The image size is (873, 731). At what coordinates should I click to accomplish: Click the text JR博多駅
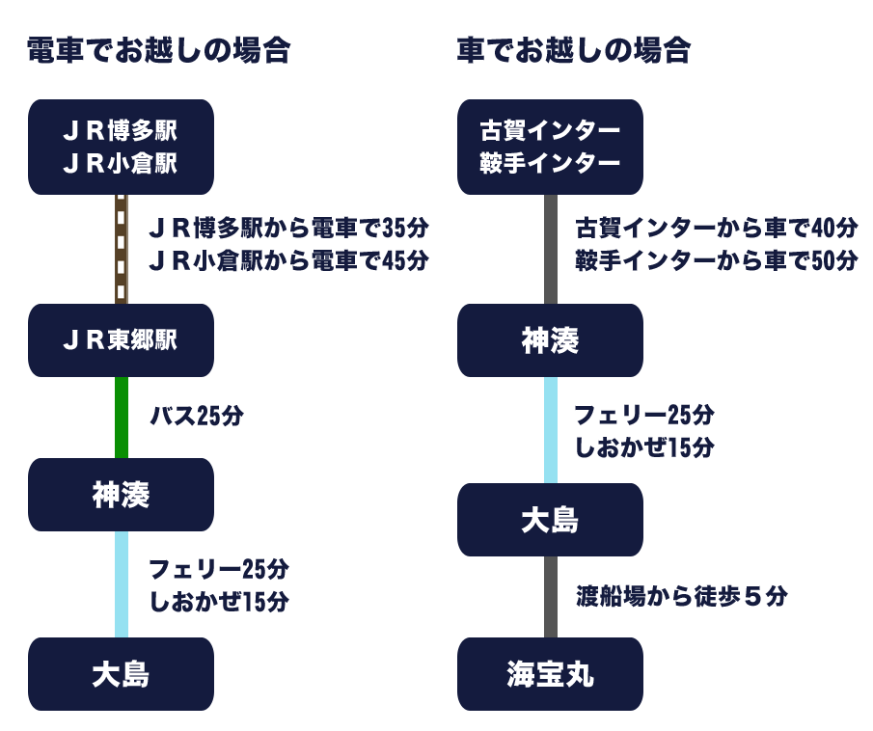(121, 130)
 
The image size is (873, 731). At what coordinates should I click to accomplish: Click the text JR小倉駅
(121, 164)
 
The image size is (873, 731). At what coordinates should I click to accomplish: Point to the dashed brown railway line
(122, 249)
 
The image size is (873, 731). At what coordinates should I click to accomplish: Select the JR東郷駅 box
(121, 340)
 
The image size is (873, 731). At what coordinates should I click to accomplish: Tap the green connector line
(121, 417)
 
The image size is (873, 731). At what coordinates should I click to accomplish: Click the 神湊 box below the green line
(121, 495)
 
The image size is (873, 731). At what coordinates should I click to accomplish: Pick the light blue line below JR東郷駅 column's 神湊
(121, 583)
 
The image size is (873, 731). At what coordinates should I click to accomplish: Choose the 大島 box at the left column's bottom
(121, 674)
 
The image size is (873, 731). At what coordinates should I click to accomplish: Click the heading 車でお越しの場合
(574, 50)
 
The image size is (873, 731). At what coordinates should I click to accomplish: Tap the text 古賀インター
(550, 130)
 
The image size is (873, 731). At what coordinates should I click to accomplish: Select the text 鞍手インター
(550, 164)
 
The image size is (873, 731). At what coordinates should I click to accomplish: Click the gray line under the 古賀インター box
(551, 249)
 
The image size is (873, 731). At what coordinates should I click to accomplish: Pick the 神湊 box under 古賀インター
(550, 340)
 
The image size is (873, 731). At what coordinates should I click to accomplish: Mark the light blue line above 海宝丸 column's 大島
(551, 429)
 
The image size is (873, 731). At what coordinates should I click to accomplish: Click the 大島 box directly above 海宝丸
(550, 520)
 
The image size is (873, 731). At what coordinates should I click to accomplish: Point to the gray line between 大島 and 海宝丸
(551, 596)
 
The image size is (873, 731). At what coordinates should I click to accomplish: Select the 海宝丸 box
(550, 674)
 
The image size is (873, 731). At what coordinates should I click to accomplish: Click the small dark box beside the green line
(197, 416)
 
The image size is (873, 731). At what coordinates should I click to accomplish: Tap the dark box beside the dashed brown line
(288, 244)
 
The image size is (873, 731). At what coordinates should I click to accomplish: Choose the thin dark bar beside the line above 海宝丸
(681, 596)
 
